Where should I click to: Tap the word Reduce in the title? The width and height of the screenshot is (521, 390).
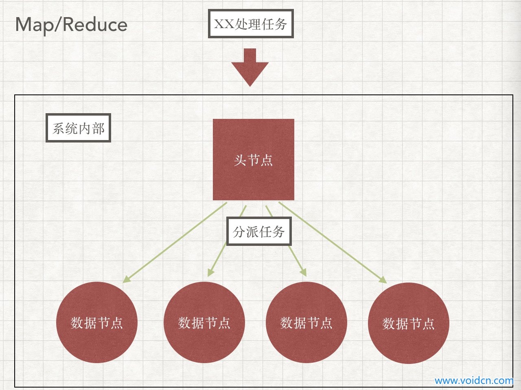point(95,24)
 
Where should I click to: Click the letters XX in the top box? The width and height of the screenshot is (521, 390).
point(224,24)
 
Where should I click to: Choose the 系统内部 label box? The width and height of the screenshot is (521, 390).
point(78,128)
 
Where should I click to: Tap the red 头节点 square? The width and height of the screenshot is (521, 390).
point(254,160)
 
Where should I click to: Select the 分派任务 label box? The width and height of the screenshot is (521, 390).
point(259,231)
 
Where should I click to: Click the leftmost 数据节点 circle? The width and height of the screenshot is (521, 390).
point(97,322)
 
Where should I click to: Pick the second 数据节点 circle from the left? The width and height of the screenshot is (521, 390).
point(204,322)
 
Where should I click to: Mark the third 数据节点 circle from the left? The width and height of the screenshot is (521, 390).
point(306,322)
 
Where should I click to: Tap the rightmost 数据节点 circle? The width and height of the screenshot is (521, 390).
point(409,323)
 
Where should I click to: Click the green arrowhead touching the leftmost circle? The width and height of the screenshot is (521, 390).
point(127,279)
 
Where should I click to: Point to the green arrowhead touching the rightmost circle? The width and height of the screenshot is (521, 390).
point(382,279)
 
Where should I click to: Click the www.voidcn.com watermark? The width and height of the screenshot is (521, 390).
point(474,381)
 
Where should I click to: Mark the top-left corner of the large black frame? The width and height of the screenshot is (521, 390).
point(15,95)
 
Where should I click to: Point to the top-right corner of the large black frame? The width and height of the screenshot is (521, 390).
point(513,95)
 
